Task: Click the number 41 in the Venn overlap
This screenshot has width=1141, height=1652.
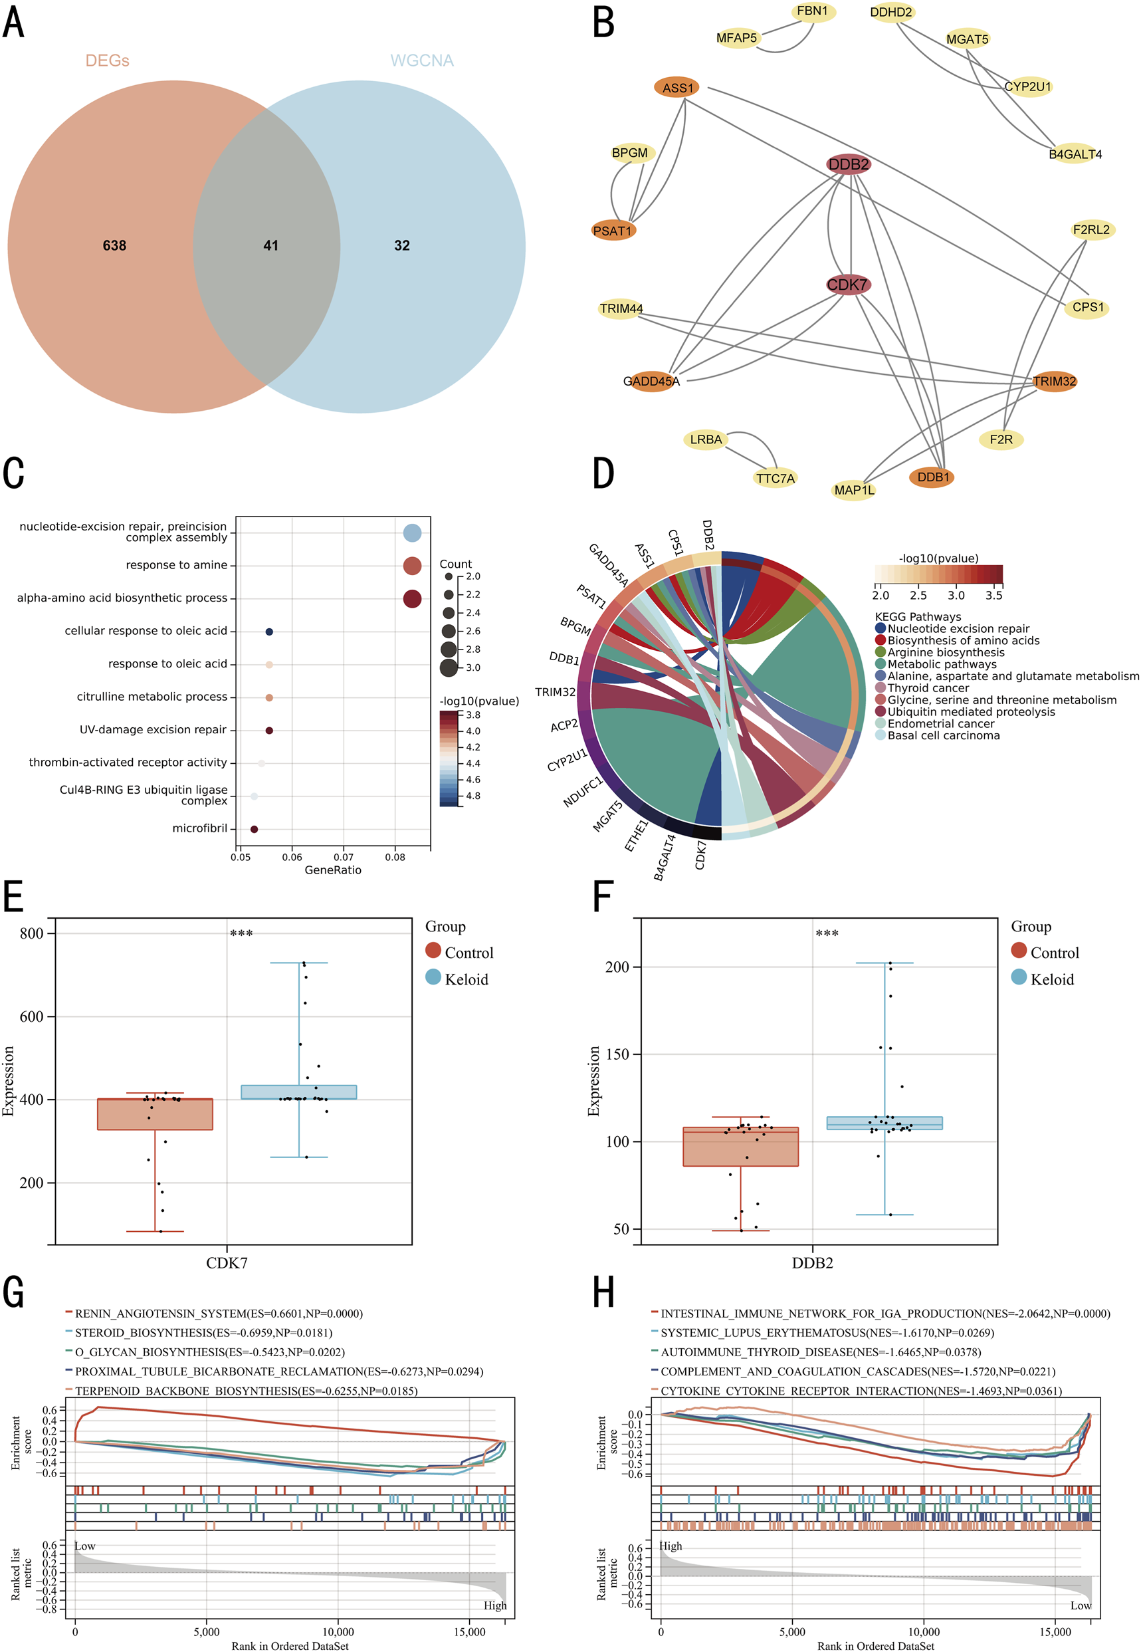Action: click(x=270, y=245)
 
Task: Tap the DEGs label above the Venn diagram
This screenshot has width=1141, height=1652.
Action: click(x=107, y=60)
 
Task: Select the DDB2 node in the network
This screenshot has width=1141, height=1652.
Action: click(x=849, y=164)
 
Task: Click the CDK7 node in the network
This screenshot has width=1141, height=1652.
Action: click(x=848, y=285)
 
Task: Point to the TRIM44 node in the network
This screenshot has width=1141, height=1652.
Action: click(x=621, y=308)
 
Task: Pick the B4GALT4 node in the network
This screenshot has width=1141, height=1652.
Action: click(x=1075, y=154)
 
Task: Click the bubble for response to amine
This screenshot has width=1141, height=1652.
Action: click(x=412, y=566)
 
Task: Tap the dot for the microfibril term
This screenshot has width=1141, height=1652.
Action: click(x=254, y=829)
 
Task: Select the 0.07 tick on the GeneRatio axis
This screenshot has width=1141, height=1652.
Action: click(x=343, y=856)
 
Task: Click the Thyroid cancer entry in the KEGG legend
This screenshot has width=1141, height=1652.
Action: click(x=928, y=688)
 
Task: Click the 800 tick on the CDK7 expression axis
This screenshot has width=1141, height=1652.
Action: click(x=31, y=933)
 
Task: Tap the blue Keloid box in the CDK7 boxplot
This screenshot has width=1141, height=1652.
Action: click(x=299, y=1092)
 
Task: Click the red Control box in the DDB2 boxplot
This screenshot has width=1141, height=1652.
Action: click(x=741, y=1146)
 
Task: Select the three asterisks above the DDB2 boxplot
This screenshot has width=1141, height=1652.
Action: click(x=827, y=934)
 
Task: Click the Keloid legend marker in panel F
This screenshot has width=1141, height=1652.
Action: click(x=1019, y=978)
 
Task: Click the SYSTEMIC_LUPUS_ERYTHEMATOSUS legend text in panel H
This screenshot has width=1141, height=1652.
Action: click(x=827, y=1333)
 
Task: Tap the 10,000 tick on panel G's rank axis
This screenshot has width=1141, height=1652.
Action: click(x=338, y=1631)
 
